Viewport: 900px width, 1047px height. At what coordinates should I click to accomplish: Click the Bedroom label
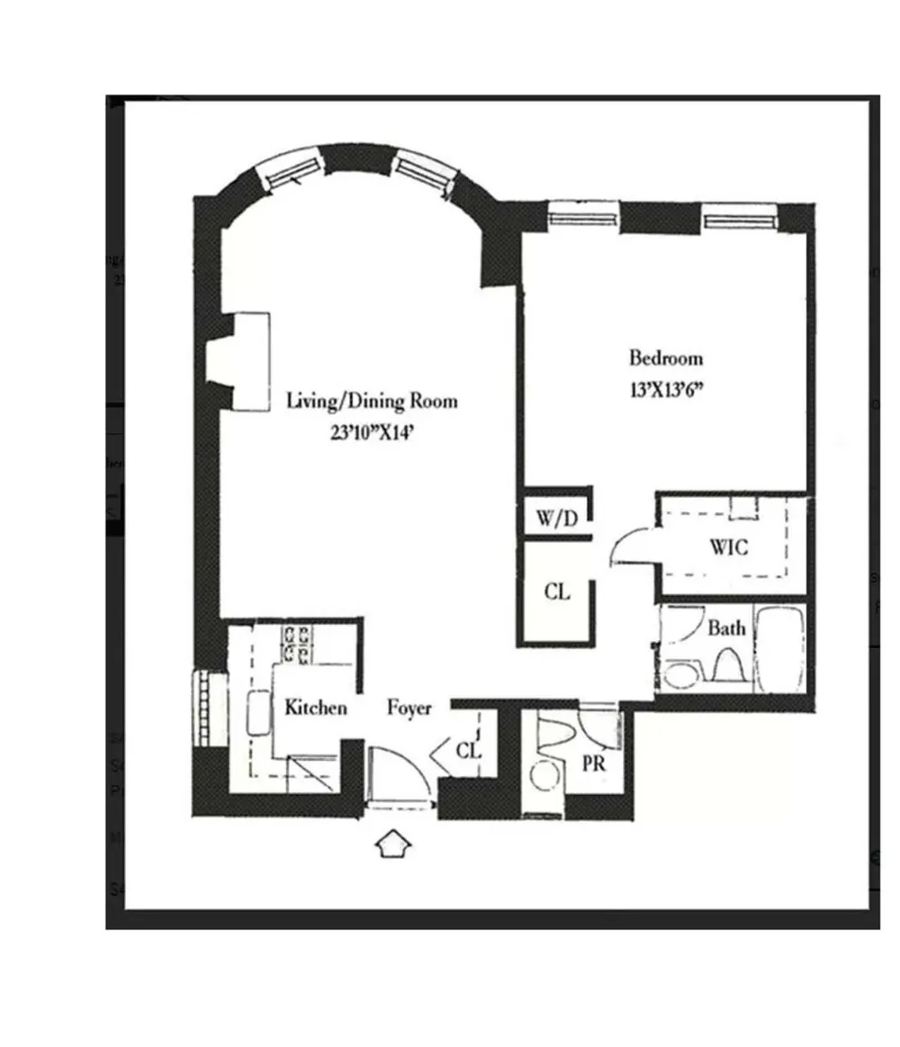pyautogui.click(x=666, y=358)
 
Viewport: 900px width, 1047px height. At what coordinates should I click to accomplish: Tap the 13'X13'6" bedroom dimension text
pyautogui.click(x=667, y=390)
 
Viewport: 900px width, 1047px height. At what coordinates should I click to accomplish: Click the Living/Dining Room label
pyautogui.click(x=372, y=402)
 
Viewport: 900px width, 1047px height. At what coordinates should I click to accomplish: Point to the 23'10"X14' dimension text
pyautogui.click(x=373, y=433)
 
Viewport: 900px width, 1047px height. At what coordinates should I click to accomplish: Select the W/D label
pyautogui.click(x=556, y=519)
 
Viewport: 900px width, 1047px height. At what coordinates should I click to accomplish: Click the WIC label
pyautogui.click(x=728, y=547)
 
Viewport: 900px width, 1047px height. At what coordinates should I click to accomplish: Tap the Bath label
pyautogui.click(x=725, y=628)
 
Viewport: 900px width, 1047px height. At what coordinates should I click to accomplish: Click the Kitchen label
pyautogui.click(x=316, y=707)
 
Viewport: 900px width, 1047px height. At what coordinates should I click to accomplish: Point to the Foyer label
pyautogui.click(x=409, y=708)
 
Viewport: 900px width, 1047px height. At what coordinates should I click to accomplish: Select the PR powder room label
pyautogui.click(x=593, y=763)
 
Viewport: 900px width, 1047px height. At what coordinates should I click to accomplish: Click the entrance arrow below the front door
pyautogui.click(x=392, y=844)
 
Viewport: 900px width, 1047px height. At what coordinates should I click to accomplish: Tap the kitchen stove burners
pyautogui.click(x=296, y=644)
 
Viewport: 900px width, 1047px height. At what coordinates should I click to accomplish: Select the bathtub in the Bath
pyautogui.click(x=779, y=649)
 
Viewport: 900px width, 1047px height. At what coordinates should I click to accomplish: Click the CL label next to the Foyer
pyautogui.click(x=468, y=751)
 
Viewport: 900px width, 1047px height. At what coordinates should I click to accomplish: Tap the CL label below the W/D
pyautogui.click(x=557, y=591)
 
